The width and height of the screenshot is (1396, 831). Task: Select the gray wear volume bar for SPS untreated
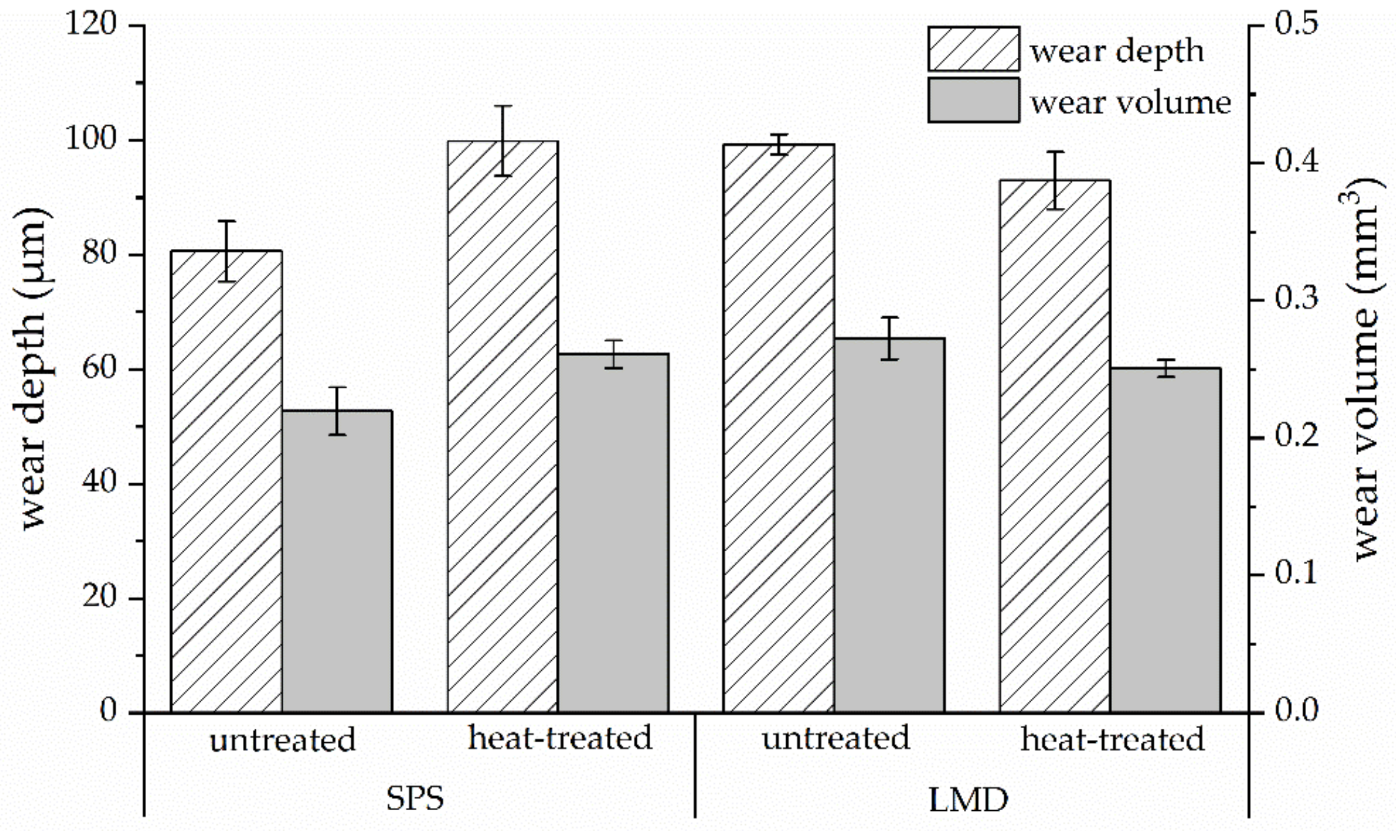point(337,561)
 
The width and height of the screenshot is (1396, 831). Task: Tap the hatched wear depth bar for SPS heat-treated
point(502,426)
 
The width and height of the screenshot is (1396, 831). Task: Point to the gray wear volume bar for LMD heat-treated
point(1166,540)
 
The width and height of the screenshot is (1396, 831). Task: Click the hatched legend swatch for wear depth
point(973,49)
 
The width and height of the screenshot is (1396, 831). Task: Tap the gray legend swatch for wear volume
point(973,100)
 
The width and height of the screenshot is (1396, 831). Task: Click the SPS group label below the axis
point(415,798)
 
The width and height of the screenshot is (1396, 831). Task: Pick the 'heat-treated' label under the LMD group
point(1112,739)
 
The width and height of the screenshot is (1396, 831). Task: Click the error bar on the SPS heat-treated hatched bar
point(502,140)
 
